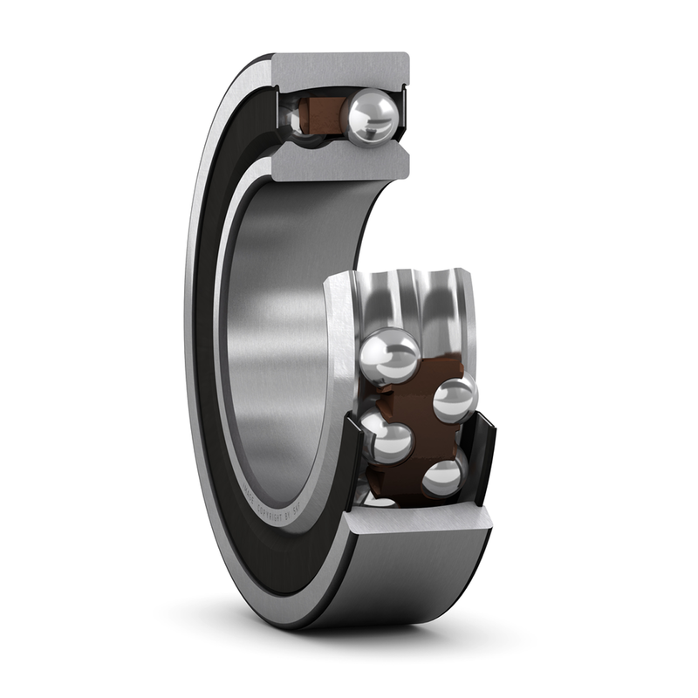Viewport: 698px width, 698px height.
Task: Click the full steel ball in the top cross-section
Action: click(x=373, y=117)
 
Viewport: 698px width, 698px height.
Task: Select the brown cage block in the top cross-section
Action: click(x=322, y=114)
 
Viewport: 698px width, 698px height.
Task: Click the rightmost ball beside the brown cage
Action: click(x=455, y=398)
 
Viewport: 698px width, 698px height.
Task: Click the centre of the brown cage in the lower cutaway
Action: click(x=414, y=419)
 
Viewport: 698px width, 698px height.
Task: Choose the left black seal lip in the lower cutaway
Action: click(x=352, y=462)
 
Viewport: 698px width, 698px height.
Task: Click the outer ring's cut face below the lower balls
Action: click(x=419, y=523)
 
